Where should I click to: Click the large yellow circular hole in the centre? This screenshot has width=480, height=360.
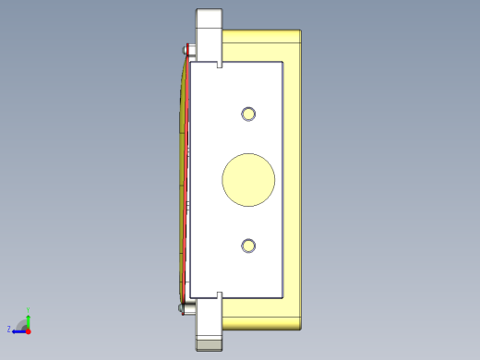[x=248, y=178]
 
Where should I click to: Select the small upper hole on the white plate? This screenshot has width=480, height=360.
[x=248, y=114]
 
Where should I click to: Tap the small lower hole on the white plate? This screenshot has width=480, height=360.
[x=248, y=245]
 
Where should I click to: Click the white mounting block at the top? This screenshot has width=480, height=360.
[x=210, y=32]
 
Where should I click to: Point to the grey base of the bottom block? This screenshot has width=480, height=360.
[x=210, y=345]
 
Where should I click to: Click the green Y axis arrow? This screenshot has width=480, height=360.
[x=29, y=317]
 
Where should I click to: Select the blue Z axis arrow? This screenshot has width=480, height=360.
[x=18, y=330]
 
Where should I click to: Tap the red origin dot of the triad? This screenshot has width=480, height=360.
[x=29, y=329]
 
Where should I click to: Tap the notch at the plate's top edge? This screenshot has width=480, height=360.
[x=219, y=65]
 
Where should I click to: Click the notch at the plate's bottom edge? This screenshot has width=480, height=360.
[x=219, y=294]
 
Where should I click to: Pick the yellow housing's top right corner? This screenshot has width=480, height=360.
[x=301, y=32]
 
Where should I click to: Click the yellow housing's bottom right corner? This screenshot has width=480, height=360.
[x=301, y=328]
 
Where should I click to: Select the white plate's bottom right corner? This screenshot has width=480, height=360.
[x=281, y=296]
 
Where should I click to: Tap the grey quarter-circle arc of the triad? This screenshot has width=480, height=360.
[x=22, y=322]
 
